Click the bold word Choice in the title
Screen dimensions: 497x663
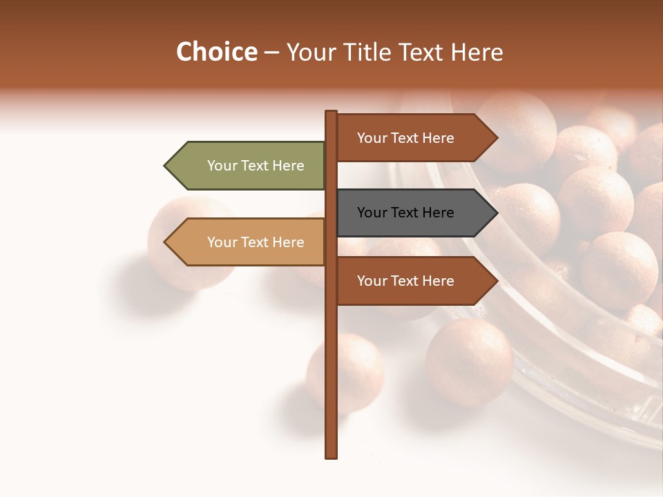tap(216, 52)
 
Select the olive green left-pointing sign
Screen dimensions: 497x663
tap(249, 166)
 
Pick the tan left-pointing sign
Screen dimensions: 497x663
tap(249, 242)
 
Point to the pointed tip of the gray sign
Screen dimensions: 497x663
tap(496, 213)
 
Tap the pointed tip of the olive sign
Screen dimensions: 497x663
tap(166, 166)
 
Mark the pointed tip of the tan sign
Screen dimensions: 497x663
tap(166, 242)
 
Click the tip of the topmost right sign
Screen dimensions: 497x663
tap(496, 138)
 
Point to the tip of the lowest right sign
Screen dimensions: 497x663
tap(496, 281)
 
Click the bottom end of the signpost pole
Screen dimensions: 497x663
tap(331, 456)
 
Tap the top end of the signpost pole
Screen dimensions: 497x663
tap(331, 113)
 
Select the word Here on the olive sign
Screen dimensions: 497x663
tap(288, 166)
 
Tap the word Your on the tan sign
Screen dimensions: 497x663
tap(222, 242)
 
